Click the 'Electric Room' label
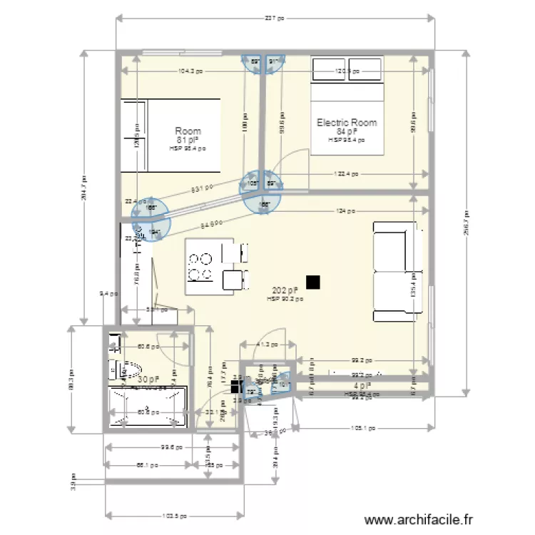click(x=347, y=123)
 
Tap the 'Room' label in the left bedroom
click(x=188, y=131)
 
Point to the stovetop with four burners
click(x=200, y=267)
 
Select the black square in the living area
click(x=312, y=282)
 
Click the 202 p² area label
click(x=285, y=291)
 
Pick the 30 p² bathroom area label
click(x=148, y=380)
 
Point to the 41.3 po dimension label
click(x=263, y=345)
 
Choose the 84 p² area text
click(x=347, y=132)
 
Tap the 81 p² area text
click(x=188, y=141)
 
